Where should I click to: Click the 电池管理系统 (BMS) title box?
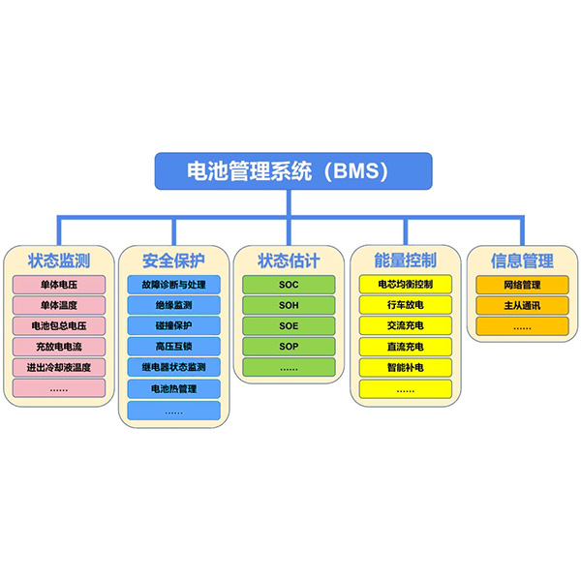[293, 171]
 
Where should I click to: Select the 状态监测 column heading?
[59, 260]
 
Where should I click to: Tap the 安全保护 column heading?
[173, 260]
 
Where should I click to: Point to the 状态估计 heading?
[289, 260]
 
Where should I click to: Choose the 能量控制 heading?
[406, 260]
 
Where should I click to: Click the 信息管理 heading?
[522, 260]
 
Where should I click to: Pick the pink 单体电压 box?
[59, 285]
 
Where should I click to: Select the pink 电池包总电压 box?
[59, 325]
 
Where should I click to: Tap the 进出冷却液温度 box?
[59, 367]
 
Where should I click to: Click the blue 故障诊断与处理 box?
[173, 285]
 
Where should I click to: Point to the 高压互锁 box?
[173, 347]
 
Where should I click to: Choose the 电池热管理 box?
[173, 388]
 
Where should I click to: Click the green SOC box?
[289, 285]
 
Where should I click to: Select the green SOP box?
[289, 347]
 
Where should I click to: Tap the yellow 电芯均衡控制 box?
[406, 284]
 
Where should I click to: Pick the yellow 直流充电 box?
[406, 347]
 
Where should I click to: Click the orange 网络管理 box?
[522, 285]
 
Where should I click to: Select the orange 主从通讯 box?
[522, 305]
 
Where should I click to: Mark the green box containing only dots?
[289, 367]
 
